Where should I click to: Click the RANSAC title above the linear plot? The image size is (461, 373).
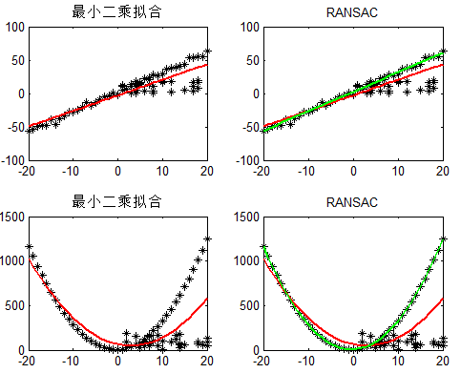[x=352, y=12]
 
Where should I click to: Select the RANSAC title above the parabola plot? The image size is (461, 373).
[x=352, y=202]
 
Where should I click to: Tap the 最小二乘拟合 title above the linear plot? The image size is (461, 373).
[x=117, y=12]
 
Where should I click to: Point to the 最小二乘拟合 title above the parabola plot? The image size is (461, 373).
[x=117, y=202]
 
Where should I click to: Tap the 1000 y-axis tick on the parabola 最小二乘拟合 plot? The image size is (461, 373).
[x=10, y=261]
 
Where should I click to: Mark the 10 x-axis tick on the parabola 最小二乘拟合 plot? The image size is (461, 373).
[x=162, y=360]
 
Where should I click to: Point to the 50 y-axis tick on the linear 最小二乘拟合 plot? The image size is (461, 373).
[x=14, y=60]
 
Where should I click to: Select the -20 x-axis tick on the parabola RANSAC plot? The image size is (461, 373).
[x=262, y=360]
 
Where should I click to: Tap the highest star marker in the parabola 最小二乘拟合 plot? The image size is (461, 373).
[x=207, y=238]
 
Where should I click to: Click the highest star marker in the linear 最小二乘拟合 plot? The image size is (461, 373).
[x=207, y=52]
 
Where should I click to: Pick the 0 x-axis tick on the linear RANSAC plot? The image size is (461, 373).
[x=353, y=170]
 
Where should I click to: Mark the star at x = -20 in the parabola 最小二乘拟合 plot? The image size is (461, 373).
[x=29, y=247]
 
